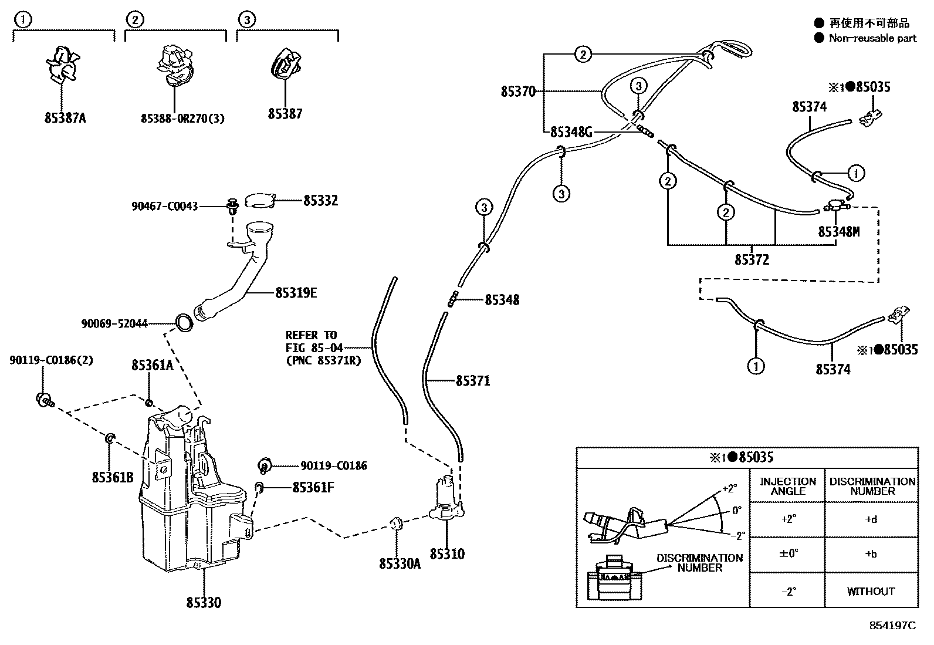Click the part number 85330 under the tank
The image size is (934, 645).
[x=204, y=603]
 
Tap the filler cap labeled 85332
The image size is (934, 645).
[x=260, y=201]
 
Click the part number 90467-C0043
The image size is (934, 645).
[x=164, y=207]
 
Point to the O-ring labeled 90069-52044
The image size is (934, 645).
[x=184, y=322]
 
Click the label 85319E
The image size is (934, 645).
[x=296, y=292]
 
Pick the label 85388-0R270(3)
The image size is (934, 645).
[x=182, y=119]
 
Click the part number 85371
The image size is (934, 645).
[x=473, y=381]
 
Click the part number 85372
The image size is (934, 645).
[x=752, y=259]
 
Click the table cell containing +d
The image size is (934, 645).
[x=871, y=519]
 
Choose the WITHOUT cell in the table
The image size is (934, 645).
[x=871, y=591]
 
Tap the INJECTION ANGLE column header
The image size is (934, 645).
[x=787, y=486]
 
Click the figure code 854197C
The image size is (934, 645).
[x=892, y=626]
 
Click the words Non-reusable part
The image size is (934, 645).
[x=872, y=38]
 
